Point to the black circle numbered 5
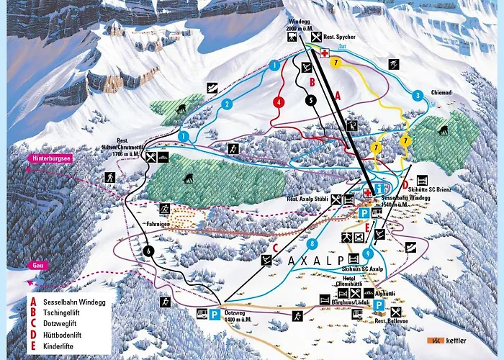(x=311, y=102)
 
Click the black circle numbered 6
(x=148, y=251)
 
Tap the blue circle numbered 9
(x=368, y=253)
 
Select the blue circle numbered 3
(x=418, y=95)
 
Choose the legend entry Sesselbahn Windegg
(x=71, y=302)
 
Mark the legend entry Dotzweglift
(x=62, y=323)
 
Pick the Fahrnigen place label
(x=164, y=223)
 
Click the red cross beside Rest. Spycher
(x=324, y=53)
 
